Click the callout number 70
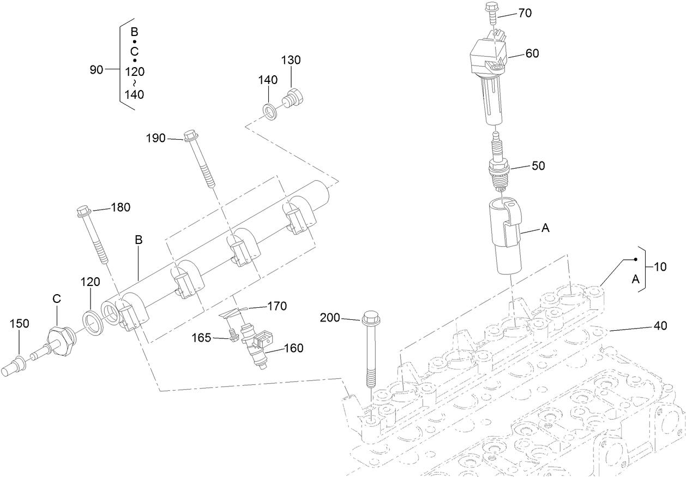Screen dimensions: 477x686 [x=525, y=13]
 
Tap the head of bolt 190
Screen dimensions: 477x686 [x=190, y=134]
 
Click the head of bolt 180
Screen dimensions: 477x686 [x=84, y=210]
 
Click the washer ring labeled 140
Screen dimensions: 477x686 [x=269, y=111]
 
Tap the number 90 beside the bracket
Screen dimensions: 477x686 [x=97, y=69]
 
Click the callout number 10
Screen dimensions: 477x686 [x=660, y=267]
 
